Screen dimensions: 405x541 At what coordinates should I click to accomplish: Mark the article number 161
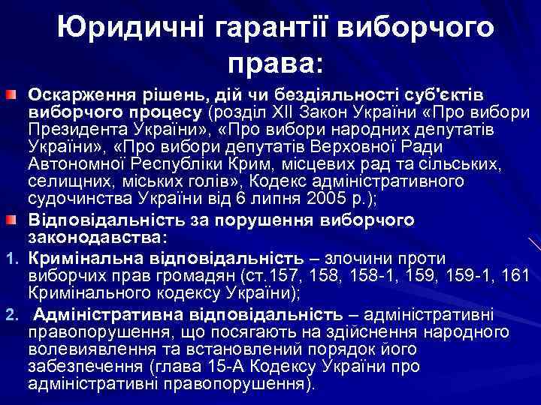click(514, 276)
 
